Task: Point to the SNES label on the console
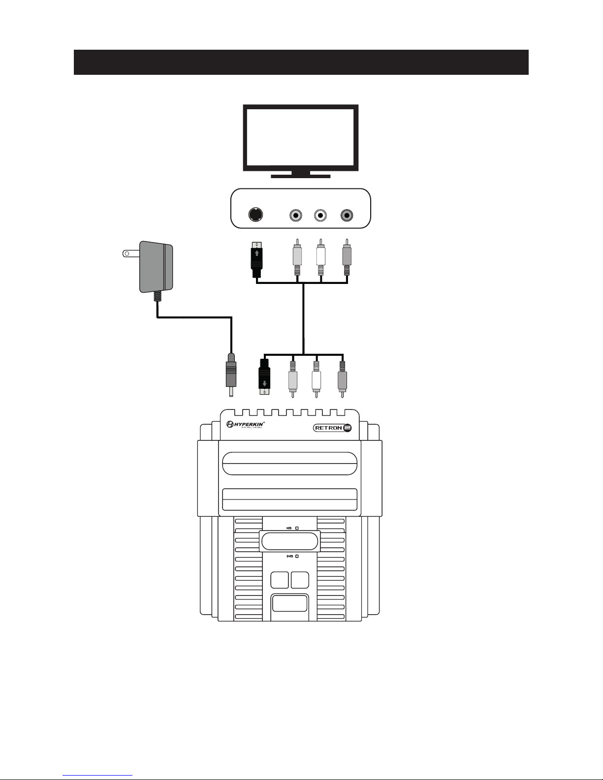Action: [289, 556]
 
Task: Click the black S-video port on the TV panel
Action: [255, 215]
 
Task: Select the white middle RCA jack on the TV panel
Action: [321, 215]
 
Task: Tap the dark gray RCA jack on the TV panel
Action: [347, 215]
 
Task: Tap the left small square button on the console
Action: [280, 580]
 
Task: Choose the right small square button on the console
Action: [300, 580]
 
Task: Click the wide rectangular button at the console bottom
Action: [290, 603]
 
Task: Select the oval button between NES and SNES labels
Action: [290, 542]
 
